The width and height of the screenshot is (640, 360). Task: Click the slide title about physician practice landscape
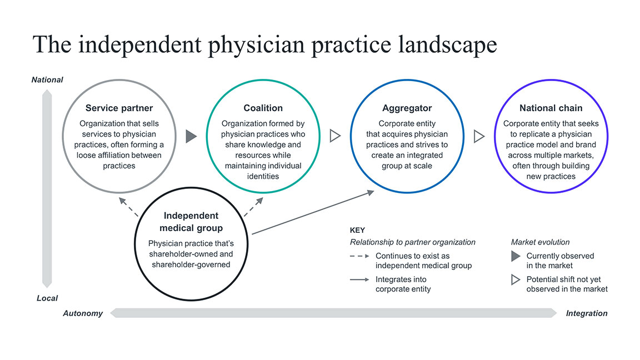(264, 44)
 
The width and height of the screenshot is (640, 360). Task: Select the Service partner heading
(119, 108)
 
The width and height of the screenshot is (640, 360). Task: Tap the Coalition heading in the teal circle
(263, 108)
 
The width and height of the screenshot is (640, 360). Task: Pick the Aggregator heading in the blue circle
(407, 108)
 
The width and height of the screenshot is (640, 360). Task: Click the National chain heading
(551, 108)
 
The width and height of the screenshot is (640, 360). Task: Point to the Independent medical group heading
(191, 222)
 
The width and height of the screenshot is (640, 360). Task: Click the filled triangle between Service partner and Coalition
(191, 136)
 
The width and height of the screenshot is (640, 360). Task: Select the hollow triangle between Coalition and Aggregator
(335, 136)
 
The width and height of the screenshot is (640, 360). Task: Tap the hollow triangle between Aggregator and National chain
(479, 136)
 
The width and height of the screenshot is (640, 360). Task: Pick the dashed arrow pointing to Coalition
(253, 207)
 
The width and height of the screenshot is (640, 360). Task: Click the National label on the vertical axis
(47, 80)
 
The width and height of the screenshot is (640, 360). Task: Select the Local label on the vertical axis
(47, 298)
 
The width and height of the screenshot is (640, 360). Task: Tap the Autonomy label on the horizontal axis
(83, 313)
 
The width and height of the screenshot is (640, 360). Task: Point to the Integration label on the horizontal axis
(587, 313)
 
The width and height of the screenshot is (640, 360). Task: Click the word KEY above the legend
(358, 230)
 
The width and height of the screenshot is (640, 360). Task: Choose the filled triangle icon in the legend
(516, 256)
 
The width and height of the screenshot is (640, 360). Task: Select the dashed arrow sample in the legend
(359, 256)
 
